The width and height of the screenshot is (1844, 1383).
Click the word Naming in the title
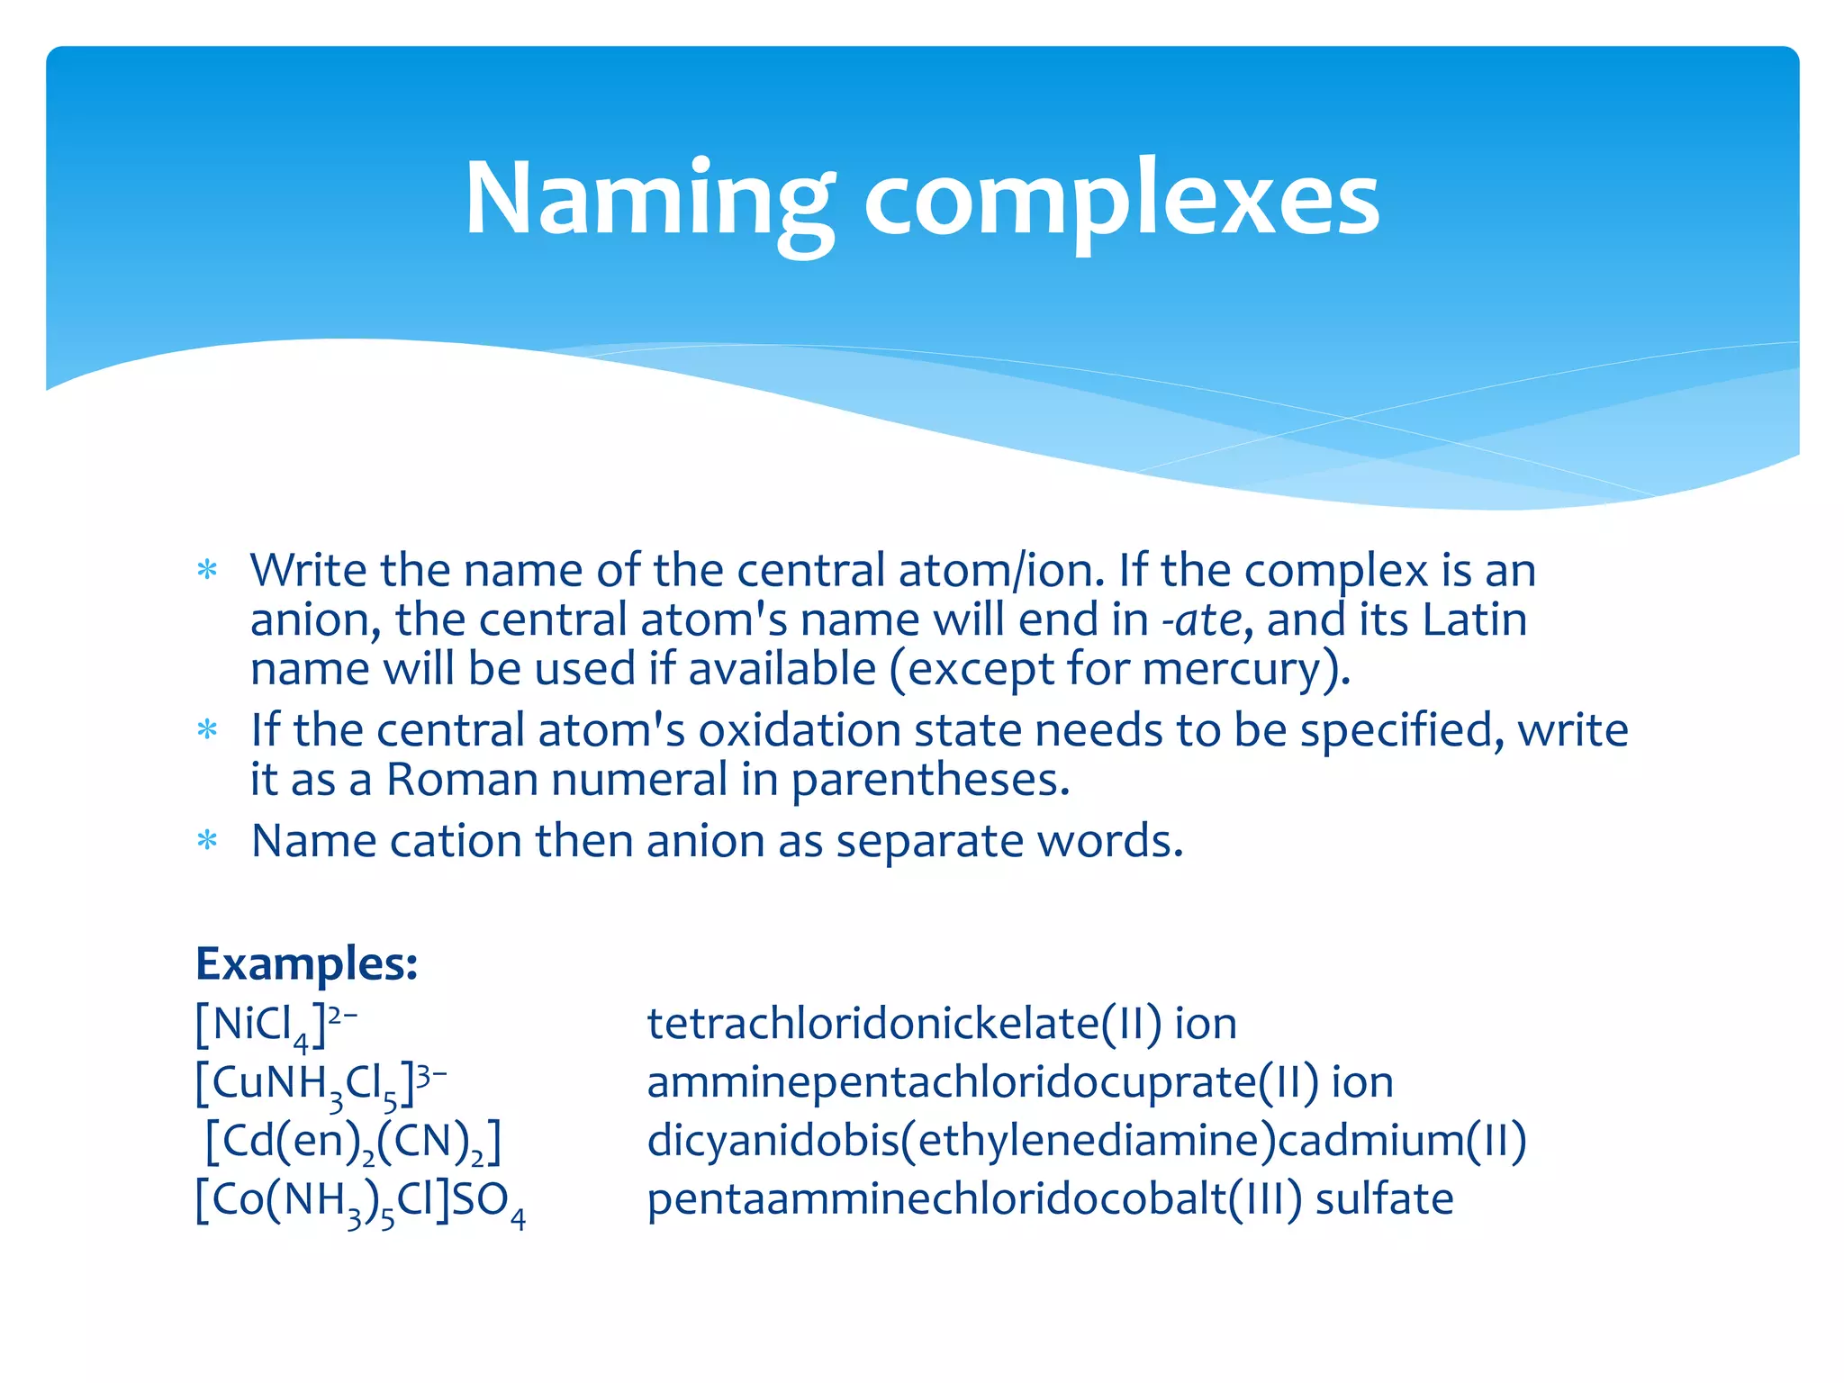(648, 199)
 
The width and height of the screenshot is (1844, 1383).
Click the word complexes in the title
(1121, 201)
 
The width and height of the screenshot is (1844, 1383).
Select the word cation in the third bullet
(456, 841)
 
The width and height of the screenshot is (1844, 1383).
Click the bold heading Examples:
(307, 963)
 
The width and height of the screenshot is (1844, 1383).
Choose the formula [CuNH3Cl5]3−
(321, 1083)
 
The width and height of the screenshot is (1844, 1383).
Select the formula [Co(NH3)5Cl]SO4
(360, 1200)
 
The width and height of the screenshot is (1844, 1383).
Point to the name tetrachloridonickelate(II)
(904, 1024)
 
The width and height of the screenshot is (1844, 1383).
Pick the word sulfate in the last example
(1384, 1199)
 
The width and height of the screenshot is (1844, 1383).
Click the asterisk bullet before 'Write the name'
(208, 570)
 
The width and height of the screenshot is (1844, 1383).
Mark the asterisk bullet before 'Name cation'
(208, 841)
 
